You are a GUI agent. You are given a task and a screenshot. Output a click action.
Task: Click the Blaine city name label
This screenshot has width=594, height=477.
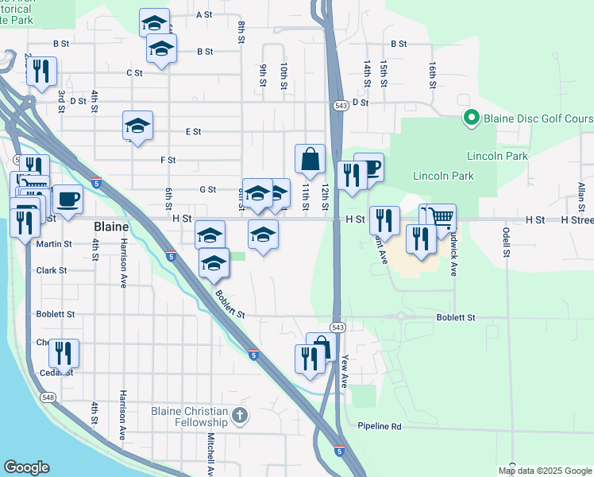pos(111,226)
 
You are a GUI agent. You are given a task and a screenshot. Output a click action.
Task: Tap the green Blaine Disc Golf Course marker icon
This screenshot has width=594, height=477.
pos(470,119)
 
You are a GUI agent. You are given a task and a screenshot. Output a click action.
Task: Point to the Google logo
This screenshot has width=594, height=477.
pos(26,467)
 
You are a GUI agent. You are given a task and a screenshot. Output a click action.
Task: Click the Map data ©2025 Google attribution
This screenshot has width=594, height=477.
pos(545,471)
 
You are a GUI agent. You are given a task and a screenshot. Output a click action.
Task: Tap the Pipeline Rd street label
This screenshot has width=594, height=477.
pos(379,427)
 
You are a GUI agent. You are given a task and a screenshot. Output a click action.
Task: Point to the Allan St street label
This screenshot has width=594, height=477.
pos(580,196)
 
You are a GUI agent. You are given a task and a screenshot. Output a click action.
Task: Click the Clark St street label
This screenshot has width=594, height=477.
pos(52,270)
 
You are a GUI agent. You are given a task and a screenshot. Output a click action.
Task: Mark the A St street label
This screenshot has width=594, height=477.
pos(204,14)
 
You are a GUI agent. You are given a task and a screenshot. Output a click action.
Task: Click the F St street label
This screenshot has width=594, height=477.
pos(168,160)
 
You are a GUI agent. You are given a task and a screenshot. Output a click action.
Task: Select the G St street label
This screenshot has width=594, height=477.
pos(208,189)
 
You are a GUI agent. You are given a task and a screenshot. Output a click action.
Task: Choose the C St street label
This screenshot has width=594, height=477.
pos(134,72)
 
